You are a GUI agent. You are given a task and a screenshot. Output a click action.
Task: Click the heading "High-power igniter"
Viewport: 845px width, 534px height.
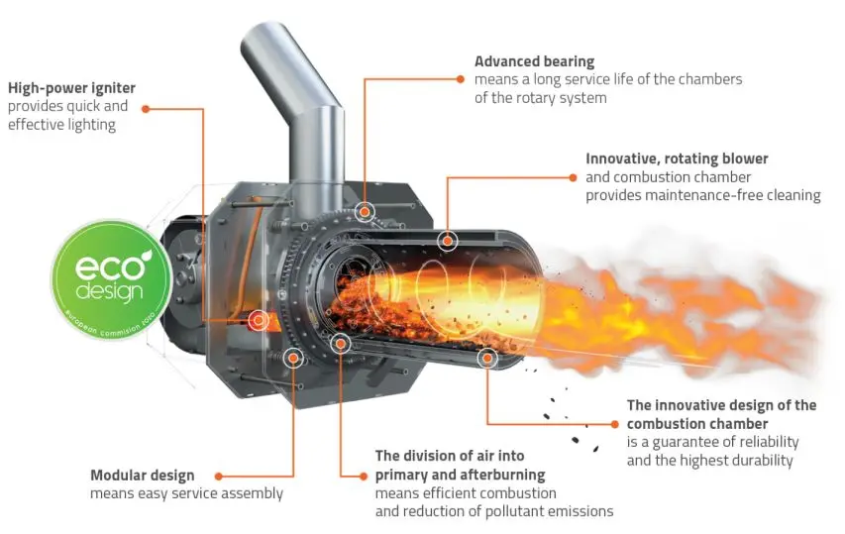pos(71,88)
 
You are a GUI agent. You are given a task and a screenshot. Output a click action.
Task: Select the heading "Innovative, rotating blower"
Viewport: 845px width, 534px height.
pos(677,158)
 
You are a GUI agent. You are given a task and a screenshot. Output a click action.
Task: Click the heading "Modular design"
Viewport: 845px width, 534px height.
pos(142,476)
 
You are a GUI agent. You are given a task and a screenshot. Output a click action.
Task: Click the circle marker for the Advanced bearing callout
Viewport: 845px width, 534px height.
pos(365,210)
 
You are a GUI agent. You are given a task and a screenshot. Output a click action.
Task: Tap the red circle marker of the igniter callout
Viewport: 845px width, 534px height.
pos(258,320)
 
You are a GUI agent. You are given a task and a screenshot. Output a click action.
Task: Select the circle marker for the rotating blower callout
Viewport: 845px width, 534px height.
pos(447,239)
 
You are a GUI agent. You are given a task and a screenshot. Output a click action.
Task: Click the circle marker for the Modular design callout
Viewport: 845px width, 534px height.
pos(293,358)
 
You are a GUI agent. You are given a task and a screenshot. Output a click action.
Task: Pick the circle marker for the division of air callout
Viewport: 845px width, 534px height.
pos(340,344)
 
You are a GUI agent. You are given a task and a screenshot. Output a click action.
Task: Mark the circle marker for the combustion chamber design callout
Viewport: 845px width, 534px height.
pos(487,357)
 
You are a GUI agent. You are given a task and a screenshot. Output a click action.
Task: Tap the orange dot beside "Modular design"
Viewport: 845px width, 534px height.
pos(218,477)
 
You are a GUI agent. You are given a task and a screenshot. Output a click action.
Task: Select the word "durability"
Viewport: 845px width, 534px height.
pos(760,460)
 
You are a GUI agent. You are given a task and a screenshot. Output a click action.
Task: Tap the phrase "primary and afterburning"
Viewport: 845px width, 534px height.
pos(460,476)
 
